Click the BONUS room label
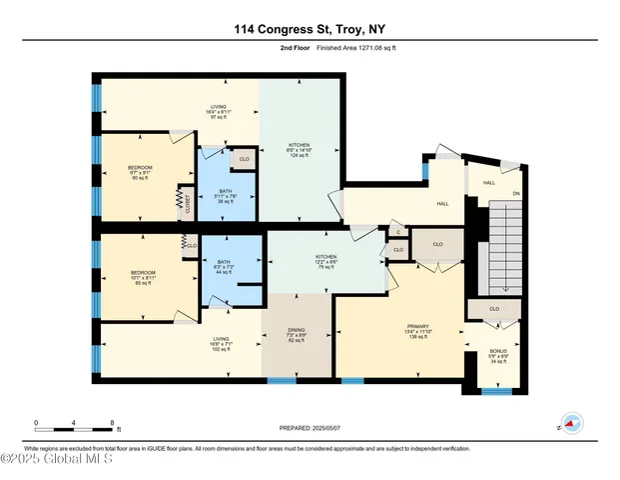point(497,351)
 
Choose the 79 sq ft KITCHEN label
point(327,257)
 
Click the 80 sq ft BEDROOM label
point(140,173)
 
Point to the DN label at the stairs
point(516,194)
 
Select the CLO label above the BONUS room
point(494,310)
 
